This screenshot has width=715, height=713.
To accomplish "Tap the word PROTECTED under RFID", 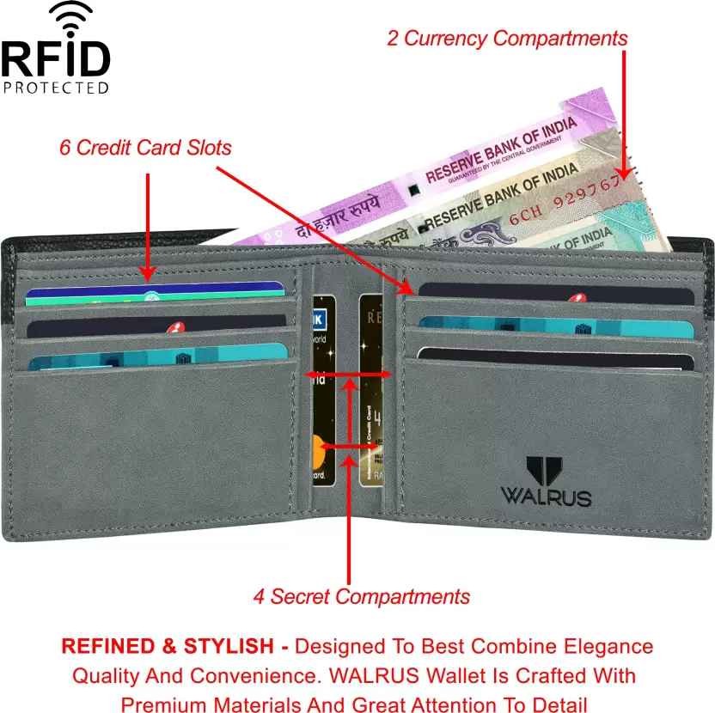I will tap(56, 87).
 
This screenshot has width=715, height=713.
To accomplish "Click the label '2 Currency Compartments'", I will tap(507, 39).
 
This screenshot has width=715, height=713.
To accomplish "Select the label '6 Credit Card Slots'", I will tap(145, 148).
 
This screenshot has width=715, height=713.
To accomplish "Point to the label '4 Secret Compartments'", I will tap(361, 596).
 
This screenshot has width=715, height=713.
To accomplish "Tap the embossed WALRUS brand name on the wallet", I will tap(546, 497).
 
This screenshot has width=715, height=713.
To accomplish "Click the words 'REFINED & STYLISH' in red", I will tap(169, 646).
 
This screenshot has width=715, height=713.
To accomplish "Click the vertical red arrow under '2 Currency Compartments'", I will tap(625, 112).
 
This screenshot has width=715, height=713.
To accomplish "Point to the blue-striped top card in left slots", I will tap(155, 294).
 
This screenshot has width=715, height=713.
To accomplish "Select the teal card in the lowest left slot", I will tap(155, 356).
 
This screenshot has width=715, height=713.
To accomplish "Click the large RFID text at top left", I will tap(56, 58).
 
